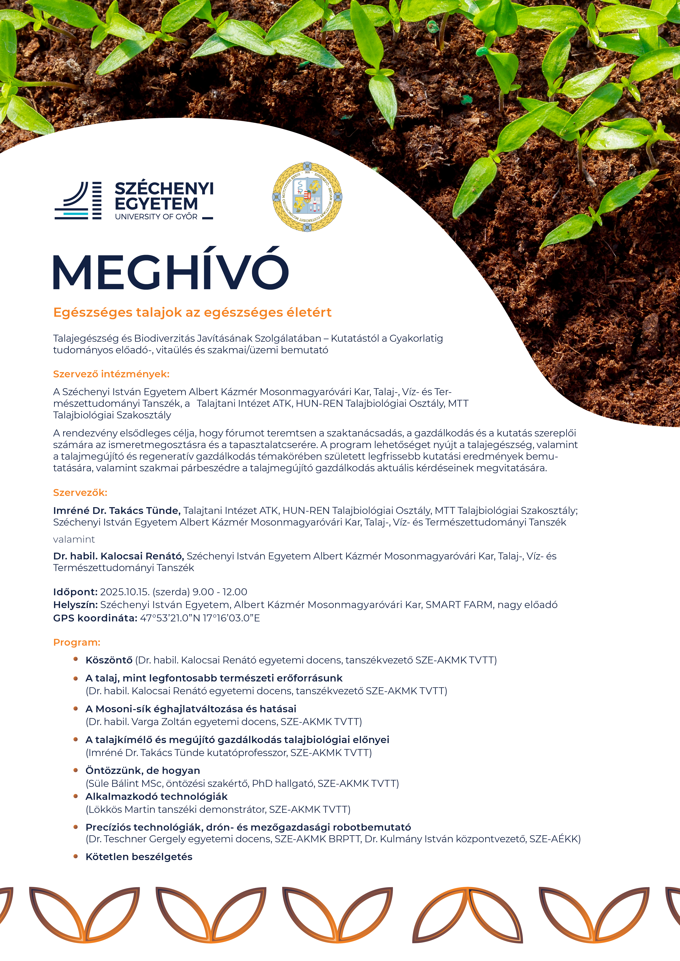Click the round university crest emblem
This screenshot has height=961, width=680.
[x=307, y=197]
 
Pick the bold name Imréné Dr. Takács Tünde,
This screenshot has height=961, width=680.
[x=117, y=511]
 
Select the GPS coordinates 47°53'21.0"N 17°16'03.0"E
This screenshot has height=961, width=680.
[x=200, y=618]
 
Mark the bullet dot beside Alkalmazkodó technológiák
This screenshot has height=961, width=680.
[x=76, y=796]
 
